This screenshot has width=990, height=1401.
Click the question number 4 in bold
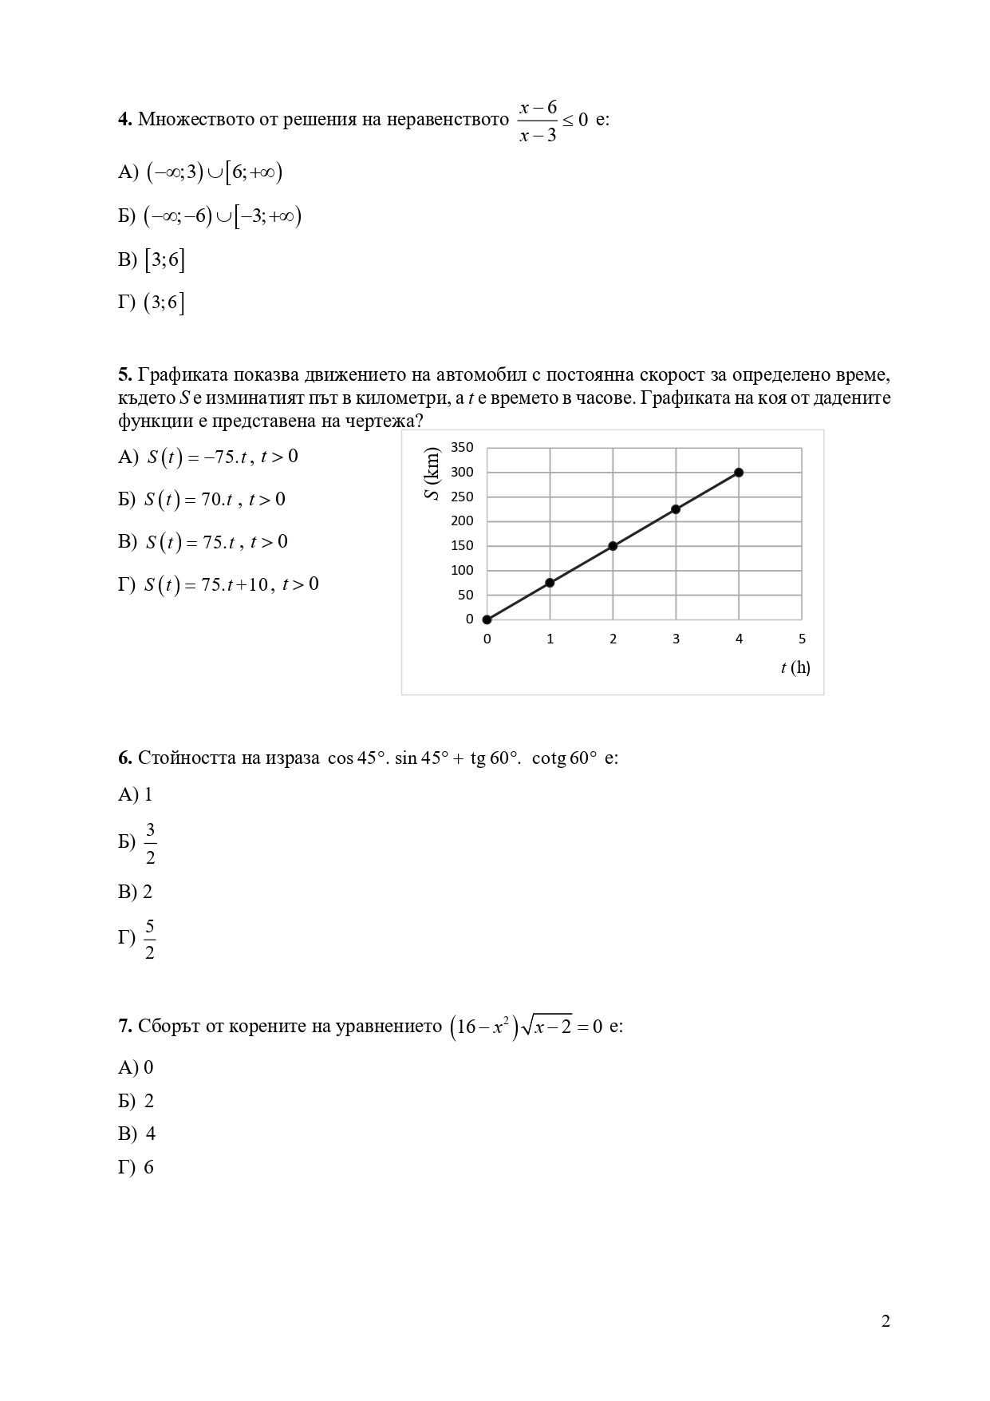coord(124,120)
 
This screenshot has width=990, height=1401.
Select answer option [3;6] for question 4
coord(164,260)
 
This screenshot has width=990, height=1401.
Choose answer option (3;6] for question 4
coord(164,303)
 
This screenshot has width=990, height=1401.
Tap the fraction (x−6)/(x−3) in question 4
coord(538,121)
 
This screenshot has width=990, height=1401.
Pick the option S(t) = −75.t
coord(222,457)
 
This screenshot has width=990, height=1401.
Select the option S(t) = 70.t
coord(214,500)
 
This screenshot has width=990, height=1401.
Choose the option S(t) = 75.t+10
coord(231,584)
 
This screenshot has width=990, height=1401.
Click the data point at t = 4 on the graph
coord(739,473)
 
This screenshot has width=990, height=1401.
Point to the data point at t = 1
coord(550,583)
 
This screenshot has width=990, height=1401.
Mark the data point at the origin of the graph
coord(487,619)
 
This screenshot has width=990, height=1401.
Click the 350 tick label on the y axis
coord(462,447)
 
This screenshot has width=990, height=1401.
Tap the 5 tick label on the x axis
coord(802,639)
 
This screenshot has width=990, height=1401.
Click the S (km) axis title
coord(432,474)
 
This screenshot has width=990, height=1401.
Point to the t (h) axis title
coord(795,667)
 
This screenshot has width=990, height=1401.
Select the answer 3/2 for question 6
coord(150,844)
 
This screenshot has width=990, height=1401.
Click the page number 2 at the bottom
coord(885,1321)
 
